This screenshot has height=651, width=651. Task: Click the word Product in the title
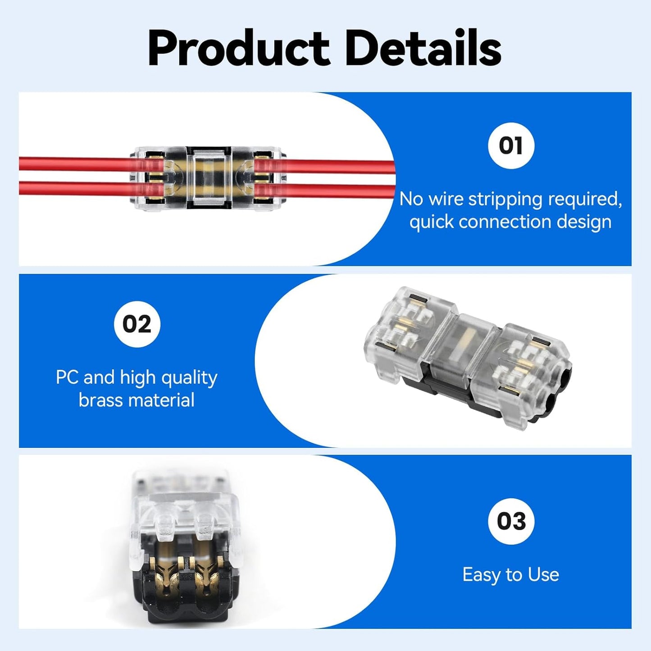tap(238, 48)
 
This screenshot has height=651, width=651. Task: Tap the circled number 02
tap(137, 324)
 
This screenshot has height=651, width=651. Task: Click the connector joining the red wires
tap(207, 178)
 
